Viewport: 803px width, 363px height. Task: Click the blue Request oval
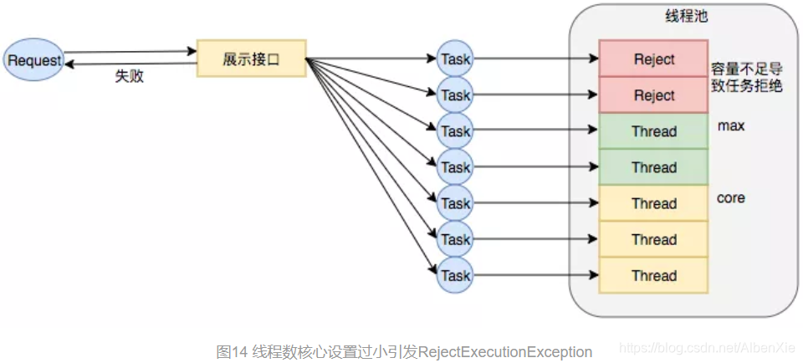tap(34, 60)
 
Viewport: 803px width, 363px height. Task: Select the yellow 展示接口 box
tap(251, 59)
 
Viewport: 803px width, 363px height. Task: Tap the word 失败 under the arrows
tap(129, 76)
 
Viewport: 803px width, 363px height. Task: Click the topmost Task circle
tap(455, 59)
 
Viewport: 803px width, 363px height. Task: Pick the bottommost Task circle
tap(455, 275)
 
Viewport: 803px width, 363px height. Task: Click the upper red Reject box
tap(654, 59)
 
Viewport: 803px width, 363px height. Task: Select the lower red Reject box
tap(654, 95)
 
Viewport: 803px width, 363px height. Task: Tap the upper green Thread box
tap(654, 131)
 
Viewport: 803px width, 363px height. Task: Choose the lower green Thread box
tap(654, 167)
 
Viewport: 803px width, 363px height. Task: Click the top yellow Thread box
tap(654, 203)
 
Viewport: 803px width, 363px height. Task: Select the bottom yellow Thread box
tap(654, 275)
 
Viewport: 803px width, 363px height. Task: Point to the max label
tap(731, 126)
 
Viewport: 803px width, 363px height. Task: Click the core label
tap(731, 198)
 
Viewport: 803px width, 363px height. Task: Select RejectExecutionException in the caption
tap(505, 352)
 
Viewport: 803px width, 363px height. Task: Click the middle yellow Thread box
tap(654, 239)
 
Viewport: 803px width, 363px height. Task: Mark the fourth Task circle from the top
tap(455, 167)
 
